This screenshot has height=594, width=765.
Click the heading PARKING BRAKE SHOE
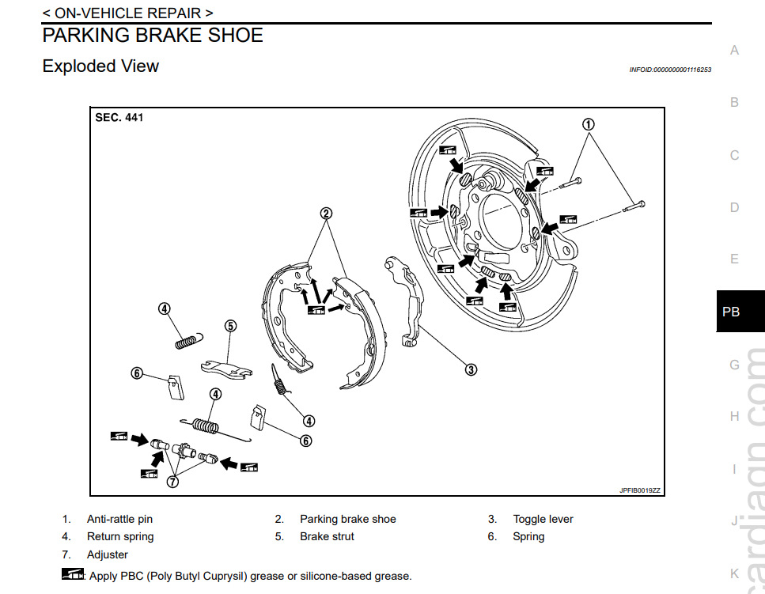[x=153, y=36]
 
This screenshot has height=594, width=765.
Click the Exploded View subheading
[x=100, y=66]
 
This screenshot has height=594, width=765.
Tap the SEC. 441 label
[x=119, y=117]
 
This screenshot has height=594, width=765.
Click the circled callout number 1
[x=588, y=124]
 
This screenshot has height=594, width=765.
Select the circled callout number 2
[x=326, y=213]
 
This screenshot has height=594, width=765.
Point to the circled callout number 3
[x=471, y=369]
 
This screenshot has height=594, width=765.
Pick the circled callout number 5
[x=230, y=325]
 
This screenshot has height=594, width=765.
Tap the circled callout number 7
[x=172, y=479]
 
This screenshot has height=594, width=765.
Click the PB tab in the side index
[x=731, y=312]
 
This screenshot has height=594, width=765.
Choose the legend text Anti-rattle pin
[x=119, y=520]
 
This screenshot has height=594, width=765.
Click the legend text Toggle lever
[x=543, y=520]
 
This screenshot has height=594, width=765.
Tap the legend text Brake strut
[x=327, y=537]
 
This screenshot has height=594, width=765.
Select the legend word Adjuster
[x=108, y=554]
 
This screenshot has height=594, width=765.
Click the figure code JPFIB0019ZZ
[x=639, y=490]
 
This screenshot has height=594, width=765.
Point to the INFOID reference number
[x=670, y=70]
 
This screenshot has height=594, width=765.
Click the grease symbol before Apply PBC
[x=73, y=575]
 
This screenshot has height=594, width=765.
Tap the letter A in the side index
[x=734, y=51]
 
